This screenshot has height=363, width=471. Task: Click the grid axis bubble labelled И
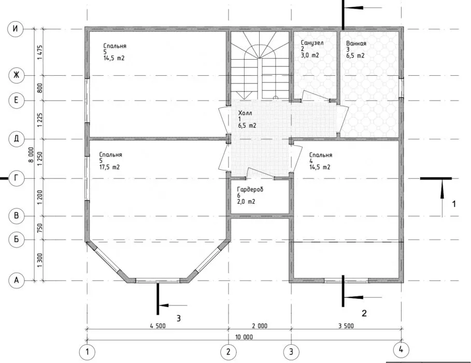[x=16, y=29]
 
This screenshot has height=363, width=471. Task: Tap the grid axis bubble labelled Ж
[x=16, y=75]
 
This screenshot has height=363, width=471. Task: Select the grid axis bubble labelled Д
[x=16, y=138]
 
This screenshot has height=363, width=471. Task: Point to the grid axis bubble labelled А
[x=16, y=281]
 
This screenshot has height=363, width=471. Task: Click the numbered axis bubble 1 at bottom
[x=87, y=352]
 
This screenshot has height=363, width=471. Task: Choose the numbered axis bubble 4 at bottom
[x=401, y=350]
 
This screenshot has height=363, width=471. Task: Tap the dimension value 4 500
[x=158, y=326]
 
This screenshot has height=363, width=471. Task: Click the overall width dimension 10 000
[x=244, y=337]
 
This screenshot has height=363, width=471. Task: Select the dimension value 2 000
[x=260, y=326]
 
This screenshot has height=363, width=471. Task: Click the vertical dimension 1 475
[x=40, y=52]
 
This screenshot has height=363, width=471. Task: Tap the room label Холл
[x=245, y=113]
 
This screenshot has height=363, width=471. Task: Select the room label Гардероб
[x=250, y=189]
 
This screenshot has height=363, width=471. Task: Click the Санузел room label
[x=312, y=43]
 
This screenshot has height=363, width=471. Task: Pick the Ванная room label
[x=356, y=44]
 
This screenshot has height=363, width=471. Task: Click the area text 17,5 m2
[x=109, y=167]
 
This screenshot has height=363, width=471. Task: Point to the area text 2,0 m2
[x=246, y=202]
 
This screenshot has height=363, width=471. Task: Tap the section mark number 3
[x=178, y=318]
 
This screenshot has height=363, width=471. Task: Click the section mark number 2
[x=364, y=313]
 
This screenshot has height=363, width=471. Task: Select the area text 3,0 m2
[x=310, y=55]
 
